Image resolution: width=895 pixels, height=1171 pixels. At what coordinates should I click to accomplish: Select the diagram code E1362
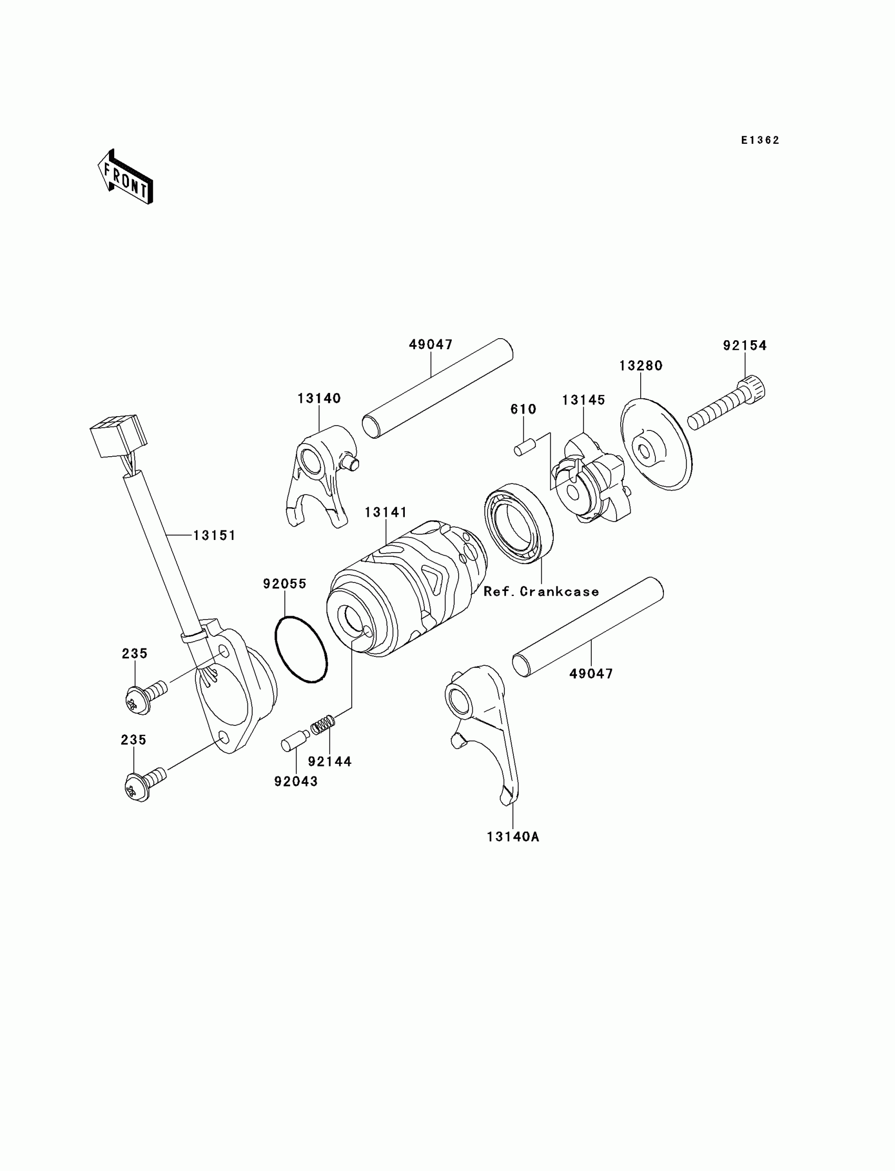[760, 140]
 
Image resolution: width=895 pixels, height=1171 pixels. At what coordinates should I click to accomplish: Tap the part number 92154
[744, 346]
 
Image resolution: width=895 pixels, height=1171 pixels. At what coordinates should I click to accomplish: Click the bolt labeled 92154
[727, 404]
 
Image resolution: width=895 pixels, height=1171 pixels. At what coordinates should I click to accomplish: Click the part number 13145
[583, 400]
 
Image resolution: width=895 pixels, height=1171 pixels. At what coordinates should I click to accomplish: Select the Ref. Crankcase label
[541, 592]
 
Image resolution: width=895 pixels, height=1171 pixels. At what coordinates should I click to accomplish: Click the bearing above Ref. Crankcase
[519, 523]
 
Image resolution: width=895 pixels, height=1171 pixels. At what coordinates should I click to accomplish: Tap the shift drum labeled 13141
[405, 586]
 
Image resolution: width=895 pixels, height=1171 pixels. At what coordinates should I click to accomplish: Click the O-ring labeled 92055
[301, 648]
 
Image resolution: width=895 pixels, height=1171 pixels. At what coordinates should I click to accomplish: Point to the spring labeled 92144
[323, 725]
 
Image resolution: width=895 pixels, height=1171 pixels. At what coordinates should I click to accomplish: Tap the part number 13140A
[512, 837]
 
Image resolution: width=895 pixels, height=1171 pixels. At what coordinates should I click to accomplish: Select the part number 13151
[214, 535]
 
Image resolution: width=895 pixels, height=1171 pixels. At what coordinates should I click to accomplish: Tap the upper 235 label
[134, 654]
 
